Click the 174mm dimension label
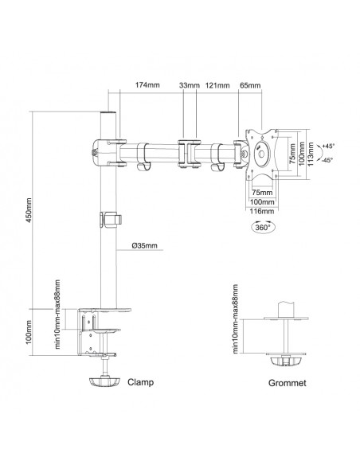click(147, 85)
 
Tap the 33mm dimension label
click(190, 85)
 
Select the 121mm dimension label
click(217, 85)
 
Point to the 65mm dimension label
click(250, 85)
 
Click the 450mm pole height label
click(29, 210)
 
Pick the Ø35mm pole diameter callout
click(145, 245)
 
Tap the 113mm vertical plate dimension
click(311, 154)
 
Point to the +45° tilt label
click(328, 146)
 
